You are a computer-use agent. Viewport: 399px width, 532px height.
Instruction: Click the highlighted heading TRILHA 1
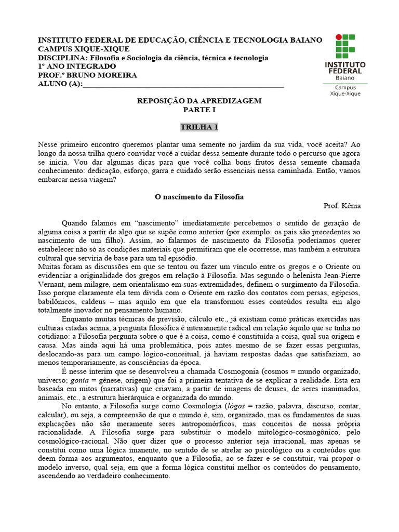coord(199,127)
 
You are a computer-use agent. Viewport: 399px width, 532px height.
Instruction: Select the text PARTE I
coord(199,110)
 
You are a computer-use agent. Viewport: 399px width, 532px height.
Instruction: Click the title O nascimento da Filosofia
coord(199,197)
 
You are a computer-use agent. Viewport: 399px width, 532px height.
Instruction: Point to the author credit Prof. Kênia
coord(342,206)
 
